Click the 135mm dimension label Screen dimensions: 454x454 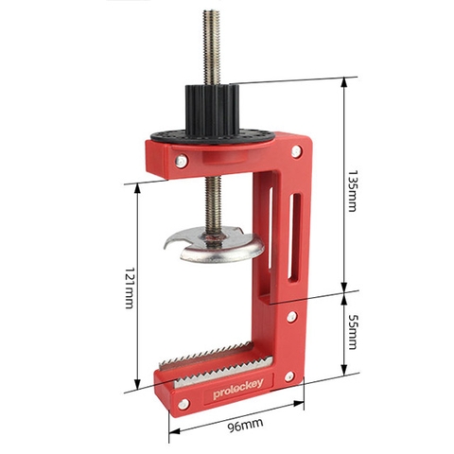point(351,191)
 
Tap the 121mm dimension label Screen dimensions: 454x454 point(129,288)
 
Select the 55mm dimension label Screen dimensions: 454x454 point(351,332)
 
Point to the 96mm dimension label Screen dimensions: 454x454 point(245,425)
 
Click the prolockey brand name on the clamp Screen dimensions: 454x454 point(238,389)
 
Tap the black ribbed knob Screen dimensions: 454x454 point(210,111)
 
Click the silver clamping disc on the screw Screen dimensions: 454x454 point(215,245)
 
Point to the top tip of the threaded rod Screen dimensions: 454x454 point(211,11)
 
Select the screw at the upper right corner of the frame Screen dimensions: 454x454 point(296,151)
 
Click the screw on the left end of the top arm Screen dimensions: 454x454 point(182,161)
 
